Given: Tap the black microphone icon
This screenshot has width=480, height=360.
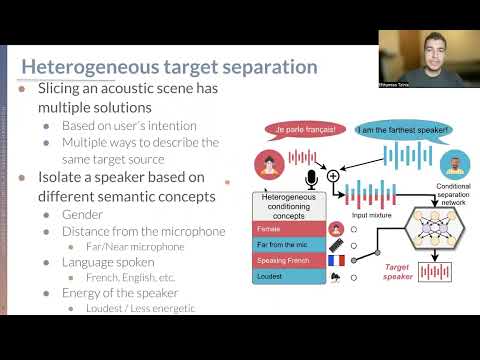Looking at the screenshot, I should point(311,179).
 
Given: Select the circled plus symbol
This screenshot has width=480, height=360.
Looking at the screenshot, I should point(333,176).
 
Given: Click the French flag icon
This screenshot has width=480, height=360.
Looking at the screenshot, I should point(336,262).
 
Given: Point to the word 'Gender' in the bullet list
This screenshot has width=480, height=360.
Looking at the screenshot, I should point(82,214).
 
